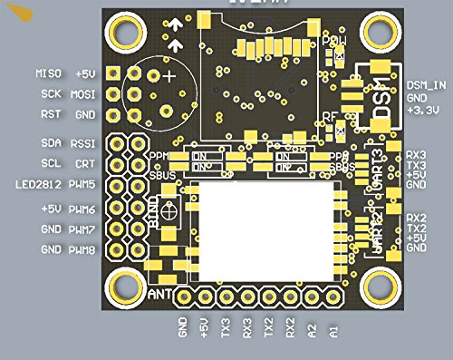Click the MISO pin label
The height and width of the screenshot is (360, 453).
click(x=47, y=73)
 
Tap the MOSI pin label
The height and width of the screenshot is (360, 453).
click(x=84, y=93)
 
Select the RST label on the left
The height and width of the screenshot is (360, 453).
click(x=51, y=114)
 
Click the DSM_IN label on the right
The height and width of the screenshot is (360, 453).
click(x=426, y=84)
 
